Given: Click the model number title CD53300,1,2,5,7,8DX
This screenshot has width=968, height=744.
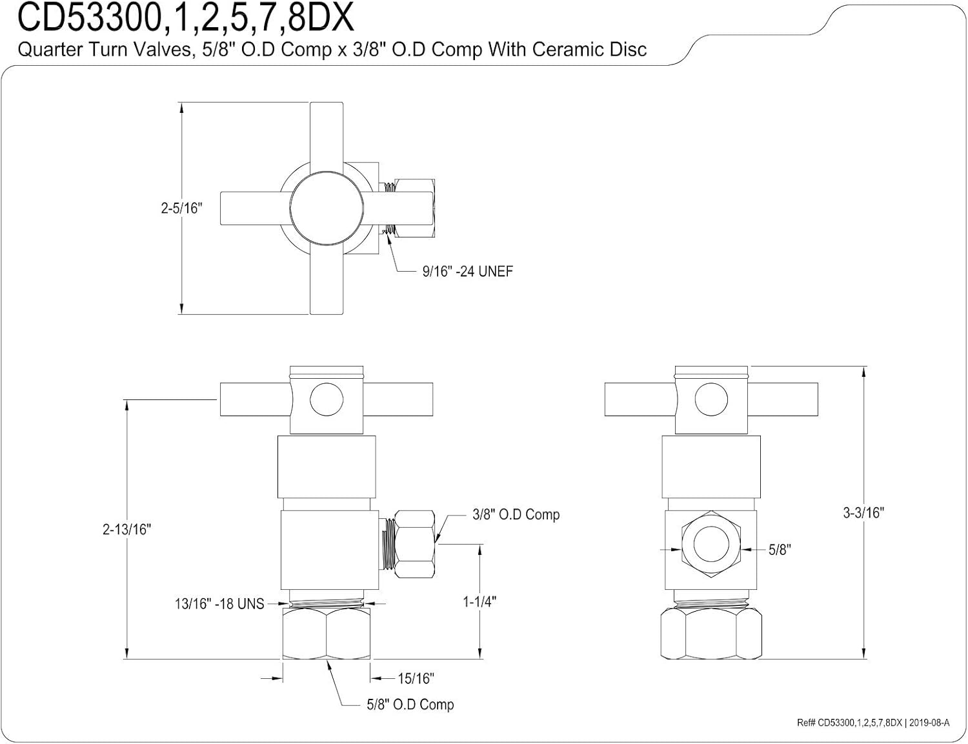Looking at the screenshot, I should tap(185, 18).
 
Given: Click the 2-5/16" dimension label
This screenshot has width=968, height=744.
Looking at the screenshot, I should tap(181, 208).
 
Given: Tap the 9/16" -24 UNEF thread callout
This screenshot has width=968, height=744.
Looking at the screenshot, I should tap(467, 272).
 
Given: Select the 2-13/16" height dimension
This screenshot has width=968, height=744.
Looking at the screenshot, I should tap(126, 529).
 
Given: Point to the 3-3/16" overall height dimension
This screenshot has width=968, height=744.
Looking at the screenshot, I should tap(863, 512).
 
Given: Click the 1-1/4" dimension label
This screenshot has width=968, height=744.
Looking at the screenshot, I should tap(479, 601).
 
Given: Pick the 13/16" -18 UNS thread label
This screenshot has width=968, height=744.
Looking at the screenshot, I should tap(219, 604).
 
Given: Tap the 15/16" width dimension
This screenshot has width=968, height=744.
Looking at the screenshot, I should tap(416, 678).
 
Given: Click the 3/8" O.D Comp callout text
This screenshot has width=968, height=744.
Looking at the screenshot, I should tap(516, 514).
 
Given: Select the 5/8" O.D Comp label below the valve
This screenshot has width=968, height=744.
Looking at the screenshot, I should tap(410, 705).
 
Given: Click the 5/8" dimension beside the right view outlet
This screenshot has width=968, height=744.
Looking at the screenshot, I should tap(780, 550).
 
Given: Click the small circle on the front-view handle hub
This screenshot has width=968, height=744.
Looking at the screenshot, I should tap(327, 400).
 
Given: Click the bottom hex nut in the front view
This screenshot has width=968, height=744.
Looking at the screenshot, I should tap(327, 635).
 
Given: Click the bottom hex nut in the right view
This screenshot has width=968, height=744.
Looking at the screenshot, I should tap(711, 635).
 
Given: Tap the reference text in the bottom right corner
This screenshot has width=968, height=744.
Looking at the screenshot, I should tap(872, 723).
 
